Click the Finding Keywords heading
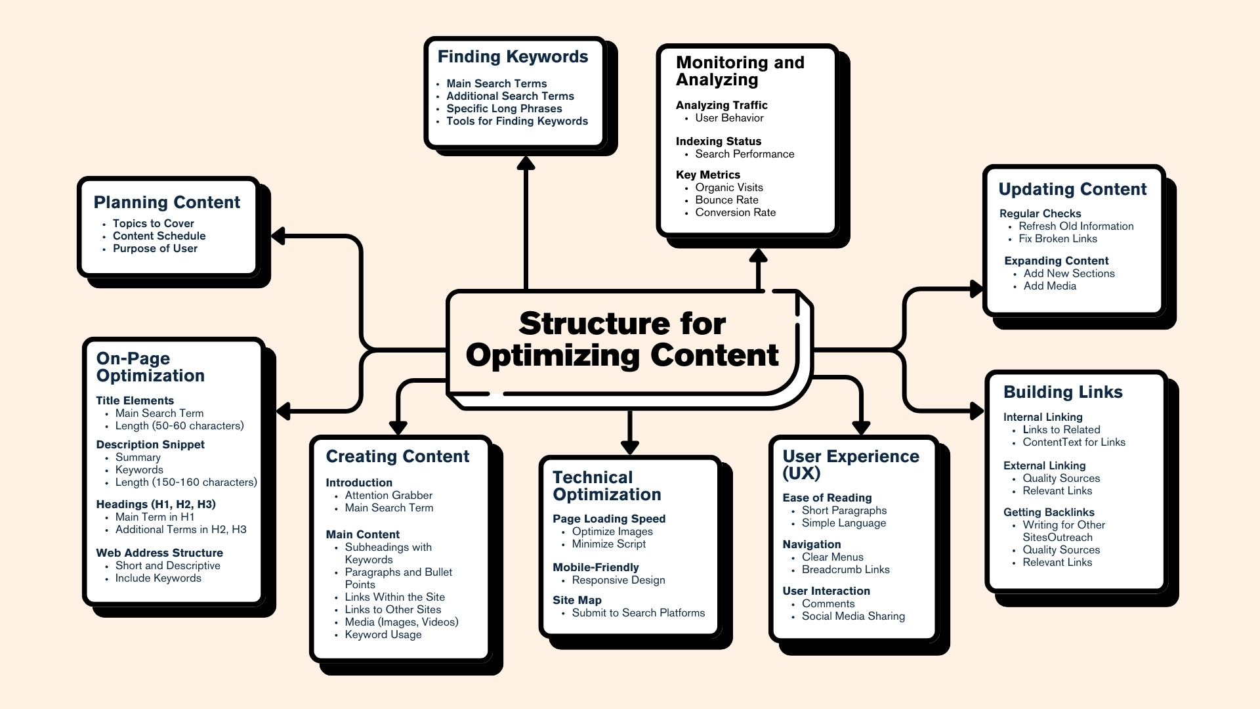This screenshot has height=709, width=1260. pyautogui.click(x=513, y=57)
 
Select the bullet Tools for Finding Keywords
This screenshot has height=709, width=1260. pyautogui.click(x=517, y=121)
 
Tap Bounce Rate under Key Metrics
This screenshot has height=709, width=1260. pyautogui.click(x=726, y=200)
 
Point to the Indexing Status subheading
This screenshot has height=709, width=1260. pyautogui.click(x=719, y=141)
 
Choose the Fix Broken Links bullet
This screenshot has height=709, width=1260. pyautogui.click(x=1057, y=238)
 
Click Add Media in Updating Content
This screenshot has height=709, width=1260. pyautogui.click(x=1049, y=286)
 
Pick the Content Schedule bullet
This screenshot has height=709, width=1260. pyautogui.click(x=159, y=236)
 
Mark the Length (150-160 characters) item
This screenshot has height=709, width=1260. pyautogui.click(x=186, y=482)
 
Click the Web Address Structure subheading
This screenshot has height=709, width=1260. pyautogui.click(x=159, y=553)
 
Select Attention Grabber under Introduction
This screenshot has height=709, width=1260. pyautogui.click(x=388, y=495)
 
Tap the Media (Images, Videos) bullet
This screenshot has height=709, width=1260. pyautogui.click(x=401, y=622)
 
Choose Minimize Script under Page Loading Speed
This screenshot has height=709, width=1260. pyautogui.click(x=608, y=544)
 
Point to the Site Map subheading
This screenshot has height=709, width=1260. pyautogui.click(x=577, y=600)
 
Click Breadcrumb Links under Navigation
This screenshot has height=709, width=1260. pyautogui.click(x=845, y=569)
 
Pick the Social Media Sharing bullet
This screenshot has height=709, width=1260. pyautogui.click(x=853, y=616)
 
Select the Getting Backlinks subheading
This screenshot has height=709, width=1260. pyautogui.click(x=1049, y=512)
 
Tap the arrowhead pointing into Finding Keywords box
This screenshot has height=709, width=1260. pyautogui.click(x=526, y=162)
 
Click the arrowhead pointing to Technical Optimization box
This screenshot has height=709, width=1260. pyautogui.click(x=630, y=448)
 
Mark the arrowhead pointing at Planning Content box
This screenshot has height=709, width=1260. pyautogui.click(x=278, y=236)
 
